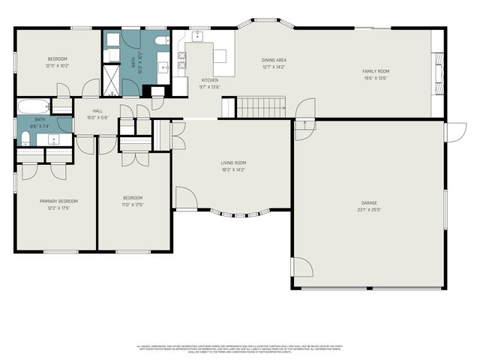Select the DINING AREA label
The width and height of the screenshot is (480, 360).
click(x=274, y=60)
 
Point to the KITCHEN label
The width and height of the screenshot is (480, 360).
click(x=209, y=79)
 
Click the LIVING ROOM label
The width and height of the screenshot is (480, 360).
click(x=232, y=163)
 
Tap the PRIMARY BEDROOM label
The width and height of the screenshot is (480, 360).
click(x=58, y=201)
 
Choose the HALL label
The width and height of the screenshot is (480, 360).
click(x=97, y=111)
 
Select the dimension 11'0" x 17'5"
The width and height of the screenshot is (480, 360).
click(x=133, y=205)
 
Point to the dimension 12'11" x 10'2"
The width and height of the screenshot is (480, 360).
click(x=58, y=65)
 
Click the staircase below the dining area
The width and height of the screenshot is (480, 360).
click(x=262, y=108)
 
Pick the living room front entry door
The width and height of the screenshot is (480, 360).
click(x=186, y=198)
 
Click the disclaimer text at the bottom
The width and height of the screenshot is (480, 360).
click(x=239, y=348)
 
